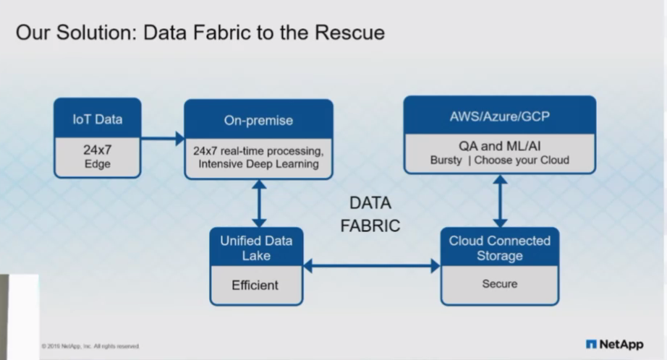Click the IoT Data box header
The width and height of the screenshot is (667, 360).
(x=97, y=119)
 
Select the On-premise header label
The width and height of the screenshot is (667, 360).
(x=258, y=120)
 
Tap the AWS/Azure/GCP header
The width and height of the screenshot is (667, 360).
(x=499, y=116)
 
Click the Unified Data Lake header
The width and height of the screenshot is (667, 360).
(x=255, y=248)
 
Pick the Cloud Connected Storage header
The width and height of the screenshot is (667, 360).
(x=499, y=248)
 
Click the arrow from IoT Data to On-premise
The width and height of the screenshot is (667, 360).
(x=163, y=138)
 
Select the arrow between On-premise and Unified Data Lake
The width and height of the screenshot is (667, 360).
(x=258, y=203)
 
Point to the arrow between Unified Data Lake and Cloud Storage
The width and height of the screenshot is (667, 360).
(x=371, y=266)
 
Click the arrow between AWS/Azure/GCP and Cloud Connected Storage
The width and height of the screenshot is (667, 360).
(x=499, y=200)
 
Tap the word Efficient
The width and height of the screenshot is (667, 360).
(x=255, y=286)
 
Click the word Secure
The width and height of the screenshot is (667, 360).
(x=499, y=284)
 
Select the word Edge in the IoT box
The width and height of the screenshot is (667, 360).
(x=97, y=165)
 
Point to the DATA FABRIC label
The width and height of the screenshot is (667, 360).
(x=370, y=214)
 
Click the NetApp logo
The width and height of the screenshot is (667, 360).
(x=614, y=344)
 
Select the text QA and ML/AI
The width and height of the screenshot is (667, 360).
(x=499, y=145)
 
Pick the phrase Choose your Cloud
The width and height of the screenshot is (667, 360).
(x=523, y=160)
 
